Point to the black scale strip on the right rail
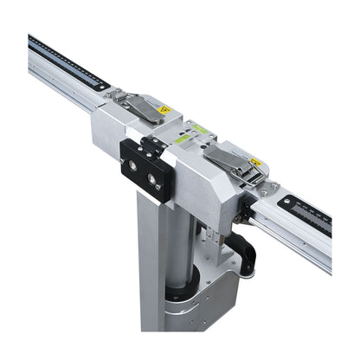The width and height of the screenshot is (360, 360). coord(307,213)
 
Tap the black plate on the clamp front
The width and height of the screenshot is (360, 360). coord(143,169)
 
